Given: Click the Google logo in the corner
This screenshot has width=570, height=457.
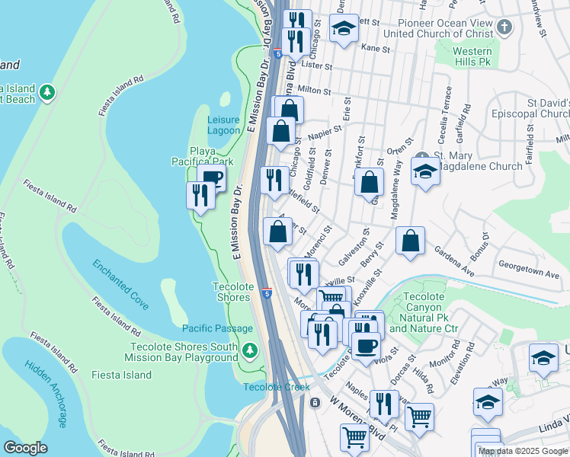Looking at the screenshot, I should (26, 448).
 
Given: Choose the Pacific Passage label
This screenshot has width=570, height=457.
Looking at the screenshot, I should (217, 328).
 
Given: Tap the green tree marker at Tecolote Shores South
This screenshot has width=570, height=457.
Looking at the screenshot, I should (251, 351).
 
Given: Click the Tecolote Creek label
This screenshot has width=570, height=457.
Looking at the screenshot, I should (276, 387).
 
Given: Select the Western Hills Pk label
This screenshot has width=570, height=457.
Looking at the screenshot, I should (472, 57).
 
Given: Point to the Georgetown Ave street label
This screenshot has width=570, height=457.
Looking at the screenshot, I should (529, 272).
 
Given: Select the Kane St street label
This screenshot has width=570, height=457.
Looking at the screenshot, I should (375, 48).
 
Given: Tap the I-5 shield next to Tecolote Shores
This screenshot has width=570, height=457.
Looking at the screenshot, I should (266, 292).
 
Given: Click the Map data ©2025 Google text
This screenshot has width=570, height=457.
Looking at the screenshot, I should (523, 451).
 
